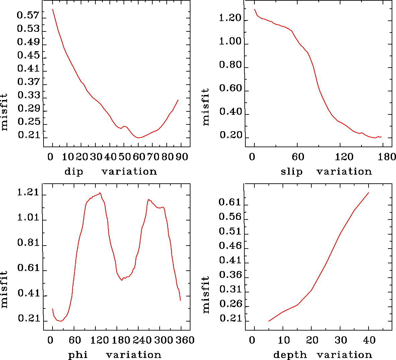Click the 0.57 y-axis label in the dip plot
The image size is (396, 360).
28,15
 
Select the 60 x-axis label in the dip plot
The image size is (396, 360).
139,157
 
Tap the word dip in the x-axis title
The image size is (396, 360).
74,172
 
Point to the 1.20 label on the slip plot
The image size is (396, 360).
230,18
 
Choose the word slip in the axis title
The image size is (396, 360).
292,172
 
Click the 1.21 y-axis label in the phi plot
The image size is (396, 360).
28,193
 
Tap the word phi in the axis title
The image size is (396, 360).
78,355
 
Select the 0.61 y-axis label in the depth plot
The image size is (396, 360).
230,202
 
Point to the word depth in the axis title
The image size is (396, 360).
290,355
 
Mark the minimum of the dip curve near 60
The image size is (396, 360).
138,138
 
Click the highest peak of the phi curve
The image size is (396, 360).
100,193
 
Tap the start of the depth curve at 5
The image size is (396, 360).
269,321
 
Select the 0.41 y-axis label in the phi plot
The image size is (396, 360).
28,294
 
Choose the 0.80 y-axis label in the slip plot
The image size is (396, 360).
230,65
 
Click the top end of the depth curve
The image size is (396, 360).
369,193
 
